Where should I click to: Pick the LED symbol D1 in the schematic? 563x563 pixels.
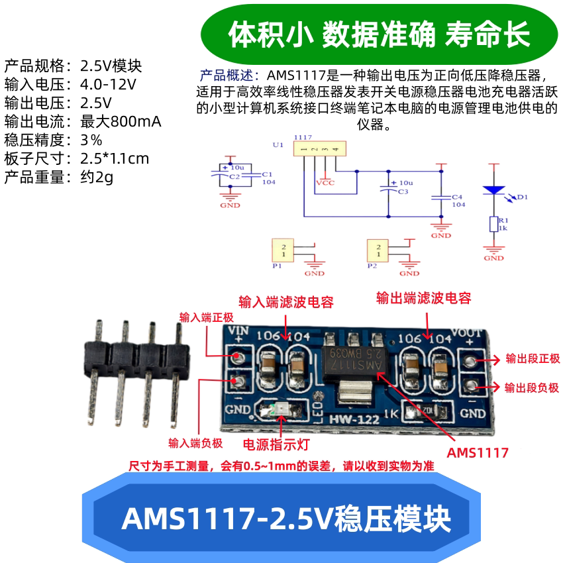click(493, 189)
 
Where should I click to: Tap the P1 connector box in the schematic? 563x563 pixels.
click(283, 250)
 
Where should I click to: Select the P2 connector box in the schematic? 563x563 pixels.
click(379, 250)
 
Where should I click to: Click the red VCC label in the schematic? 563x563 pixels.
click(325, 182)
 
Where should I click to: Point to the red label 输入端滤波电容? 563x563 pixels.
click(285, 303)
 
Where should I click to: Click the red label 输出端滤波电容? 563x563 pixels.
click(424, 298)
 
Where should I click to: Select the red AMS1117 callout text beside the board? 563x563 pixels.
click(478, 453)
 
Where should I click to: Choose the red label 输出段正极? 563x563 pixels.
click(532, 359)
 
